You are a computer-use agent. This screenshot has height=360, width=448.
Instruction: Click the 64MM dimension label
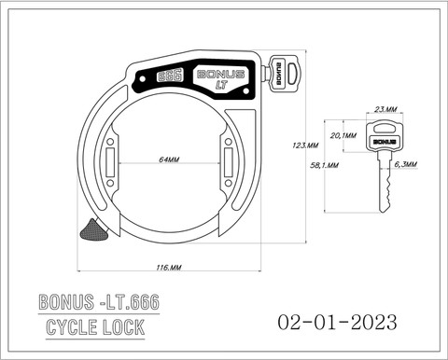(x=169, y=159)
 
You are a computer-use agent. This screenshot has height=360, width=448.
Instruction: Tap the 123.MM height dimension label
(x=305, y=145)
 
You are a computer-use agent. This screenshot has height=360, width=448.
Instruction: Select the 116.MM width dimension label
(x=169, y=267)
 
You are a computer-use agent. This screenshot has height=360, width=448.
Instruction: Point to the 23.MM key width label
(x=385, y=109)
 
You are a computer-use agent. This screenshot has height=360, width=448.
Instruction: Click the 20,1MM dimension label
(x=343, y=135)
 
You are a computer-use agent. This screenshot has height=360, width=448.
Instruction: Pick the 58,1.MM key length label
(x=325, y=165)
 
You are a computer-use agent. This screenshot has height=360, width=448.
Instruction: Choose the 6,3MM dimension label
(x=406, y=164)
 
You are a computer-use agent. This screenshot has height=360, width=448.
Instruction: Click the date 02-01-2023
(x=337, y=322)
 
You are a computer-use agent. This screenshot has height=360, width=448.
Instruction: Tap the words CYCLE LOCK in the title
(x=95, y=327)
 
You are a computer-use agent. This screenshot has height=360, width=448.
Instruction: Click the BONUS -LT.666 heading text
(x=99, y=301)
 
